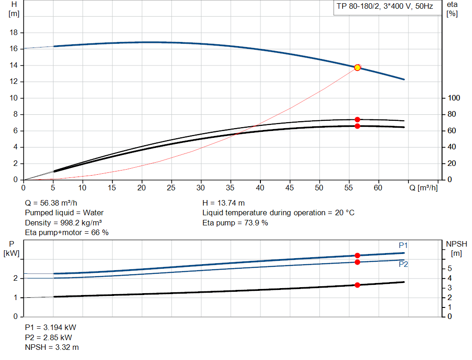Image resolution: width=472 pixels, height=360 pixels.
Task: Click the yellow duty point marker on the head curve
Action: [x=357, y=68]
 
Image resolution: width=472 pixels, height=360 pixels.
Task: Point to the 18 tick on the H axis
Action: [x=14, y=33]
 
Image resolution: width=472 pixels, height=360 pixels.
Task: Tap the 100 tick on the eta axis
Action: [x=454, y=98]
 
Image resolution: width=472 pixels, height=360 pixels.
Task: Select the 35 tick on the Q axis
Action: [x=230, y=188]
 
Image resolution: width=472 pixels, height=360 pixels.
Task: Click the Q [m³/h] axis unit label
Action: [x=423, y=188]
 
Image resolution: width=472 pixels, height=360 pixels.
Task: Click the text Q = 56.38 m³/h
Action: [x=51, y=203]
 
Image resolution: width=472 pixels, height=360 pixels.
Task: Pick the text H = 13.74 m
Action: [x=224, y=203]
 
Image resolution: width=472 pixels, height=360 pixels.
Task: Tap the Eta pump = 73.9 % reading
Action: [x=235, y=223]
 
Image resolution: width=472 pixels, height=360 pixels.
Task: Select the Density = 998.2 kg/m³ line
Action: [x=63, y=223]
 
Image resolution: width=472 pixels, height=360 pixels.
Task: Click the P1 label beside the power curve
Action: [x=403, y=245]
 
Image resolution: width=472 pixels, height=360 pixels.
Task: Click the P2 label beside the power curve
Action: [x=403, y=264]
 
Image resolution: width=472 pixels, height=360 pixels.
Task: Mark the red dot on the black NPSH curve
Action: [x=357, y=285]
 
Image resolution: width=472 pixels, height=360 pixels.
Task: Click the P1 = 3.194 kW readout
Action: [x=50, y=327]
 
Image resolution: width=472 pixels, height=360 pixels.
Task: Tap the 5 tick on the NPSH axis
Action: [x=449, y=269]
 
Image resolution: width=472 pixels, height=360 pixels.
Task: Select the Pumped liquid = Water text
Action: [x=64, y=213]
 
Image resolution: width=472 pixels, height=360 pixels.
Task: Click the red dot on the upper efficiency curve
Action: [x=357, y=119]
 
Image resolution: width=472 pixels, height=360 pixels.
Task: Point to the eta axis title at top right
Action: [x=452, y=5]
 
